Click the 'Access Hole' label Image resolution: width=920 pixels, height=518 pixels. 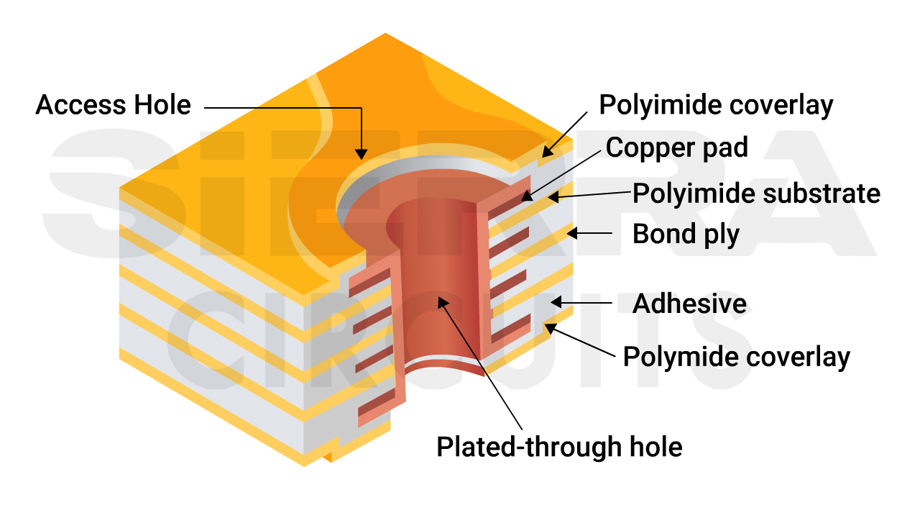point(113,106)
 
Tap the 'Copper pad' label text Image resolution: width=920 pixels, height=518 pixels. point(677,147)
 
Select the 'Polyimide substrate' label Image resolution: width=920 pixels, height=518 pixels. point(756,194)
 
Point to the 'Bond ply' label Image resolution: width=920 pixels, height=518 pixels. point(686,235)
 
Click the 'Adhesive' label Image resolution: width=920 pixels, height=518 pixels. point(689,304)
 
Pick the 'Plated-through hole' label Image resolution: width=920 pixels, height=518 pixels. point(559,447)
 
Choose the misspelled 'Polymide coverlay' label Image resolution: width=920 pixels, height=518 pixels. point(736,357)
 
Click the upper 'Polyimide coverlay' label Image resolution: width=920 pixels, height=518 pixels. point(716,105)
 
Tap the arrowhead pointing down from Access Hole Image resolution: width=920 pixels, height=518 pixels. point(361,153)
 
